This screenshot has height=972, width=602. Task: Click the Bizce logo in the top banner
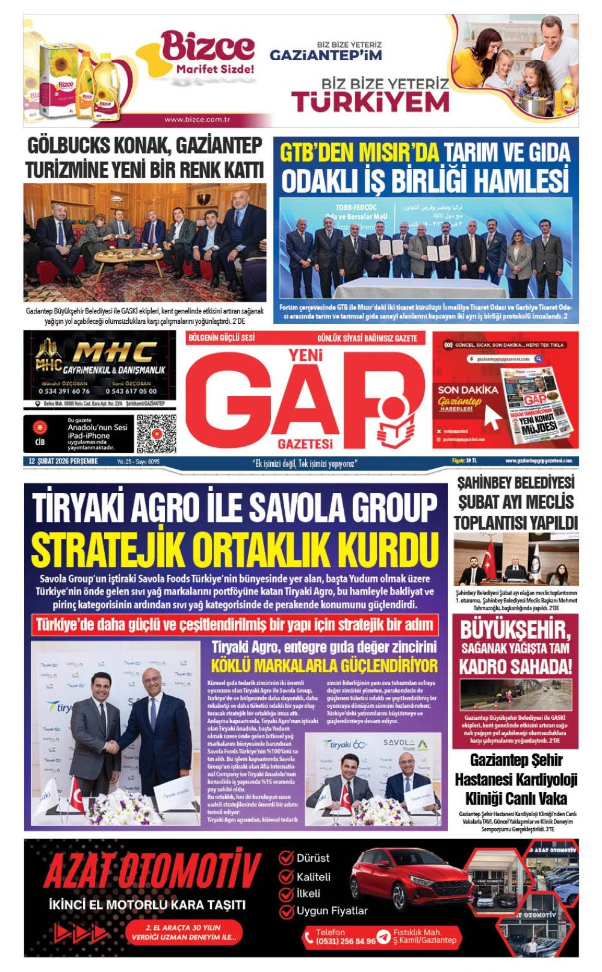207,48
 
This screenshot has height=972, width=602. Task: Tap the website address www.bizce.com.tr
197,119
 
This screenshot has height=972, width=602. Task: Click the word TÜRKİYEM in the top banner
370,102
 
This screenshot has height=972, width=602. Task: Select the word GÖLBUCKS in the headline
69,146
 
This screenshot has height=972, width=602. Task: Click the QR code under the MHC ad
156,433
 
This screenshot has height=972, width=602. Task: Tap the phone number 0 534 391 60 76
64,391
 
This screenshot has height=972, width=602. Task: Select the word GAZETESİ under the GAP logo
305,444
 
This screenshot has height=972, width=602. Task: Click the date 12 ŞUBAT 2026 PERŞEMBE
63,462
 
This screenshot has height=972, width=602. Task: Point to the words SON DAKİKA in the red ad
468,390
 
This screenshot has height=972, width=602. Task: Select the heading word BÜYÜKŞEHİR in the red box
515,630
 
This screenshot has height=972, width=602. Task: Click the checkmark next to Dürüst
286,858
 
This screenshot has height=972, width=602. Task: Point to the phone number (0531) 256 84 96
346,941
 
